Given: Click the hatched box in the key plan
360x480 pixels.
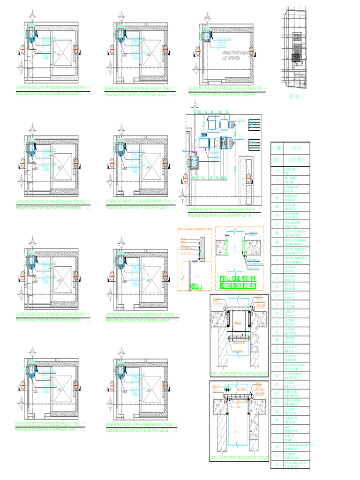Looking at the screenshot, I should (297, 58).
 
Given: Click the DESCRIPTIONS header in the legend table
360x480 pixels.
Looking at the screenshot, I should (296, 160).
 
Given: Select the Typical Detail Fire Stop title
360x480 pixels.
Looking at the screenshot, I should (239, 282).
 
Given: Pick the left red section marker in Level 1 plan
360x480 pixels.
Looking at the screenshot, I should (22, 385).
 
